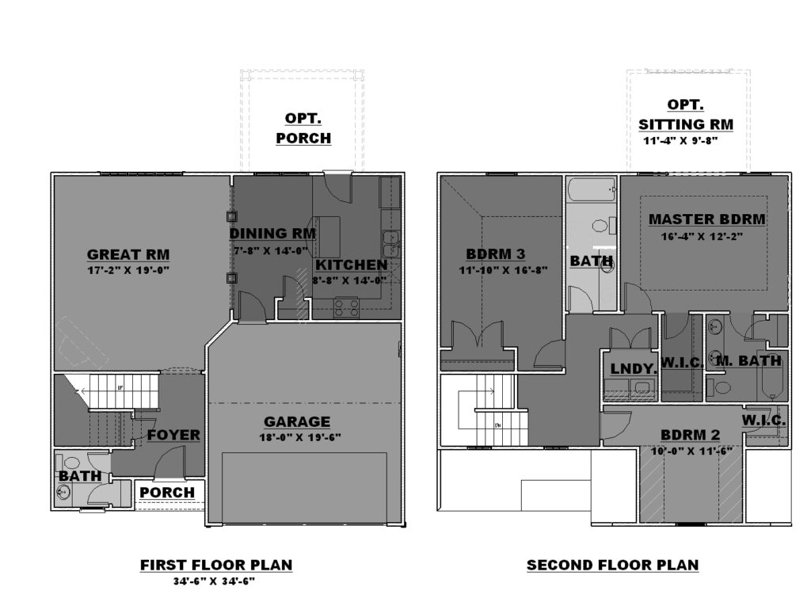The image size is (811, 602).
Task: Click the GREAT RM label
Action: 128,254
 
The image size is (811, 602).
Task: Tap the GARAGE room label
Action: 297,422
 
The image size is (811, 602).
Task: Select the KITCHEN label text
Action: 351,265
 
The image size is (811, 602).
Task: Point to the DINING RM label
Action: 272,234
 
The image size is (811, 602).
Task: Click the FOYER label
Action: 173,436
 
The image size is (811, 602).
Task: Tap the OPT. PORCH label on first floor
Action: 303,128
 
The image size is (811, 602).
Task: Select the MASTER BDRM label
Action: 707,219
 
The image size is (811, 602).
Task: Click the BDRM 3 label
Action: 496,254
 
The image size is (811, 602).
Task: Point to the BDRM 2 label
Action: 690,435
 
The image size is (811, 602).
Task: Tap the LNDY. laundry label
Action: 634,369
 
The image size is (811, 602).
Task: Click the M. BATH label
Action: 749,361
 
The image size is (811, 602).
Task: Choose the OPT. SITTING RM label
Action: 685,115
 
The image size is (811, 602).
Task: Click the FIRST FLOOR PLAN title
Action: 216,565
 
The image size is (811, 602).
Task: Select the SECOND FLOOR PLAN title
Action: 612,565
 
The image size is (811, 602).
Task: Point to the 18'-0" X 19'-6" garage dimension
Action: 300,437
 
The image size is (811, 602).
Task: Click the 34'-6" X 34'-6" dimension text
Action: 214,581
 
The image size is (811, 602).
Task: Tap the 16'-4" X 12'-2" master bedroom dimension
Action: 702,237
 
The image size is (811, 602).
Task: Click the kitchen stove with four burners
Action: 346,307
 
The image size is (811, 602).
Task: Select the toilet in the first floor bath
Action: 69,462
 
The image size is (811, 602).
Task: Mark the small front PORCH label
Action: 167,493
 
